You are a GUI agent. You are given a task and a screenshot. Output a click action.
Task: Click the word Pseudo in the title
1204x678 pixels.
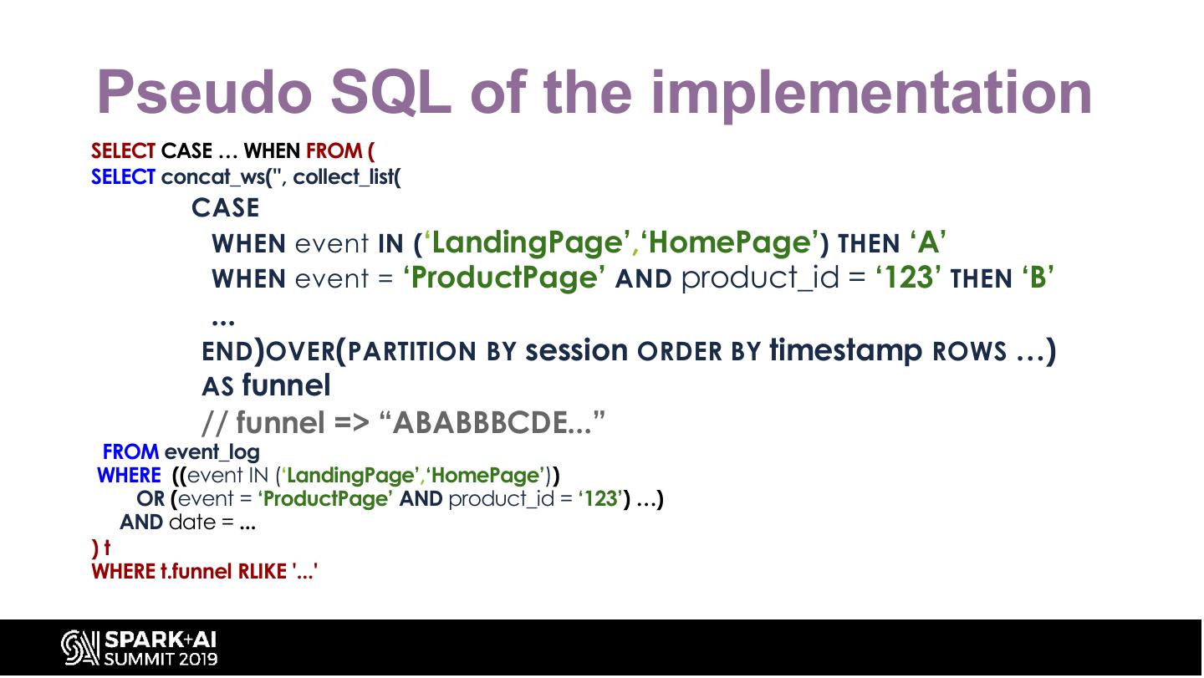click(205, 93)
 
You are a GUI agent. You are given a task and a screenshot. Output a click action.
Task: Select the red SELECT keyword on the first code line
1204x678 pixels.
click(123, 151)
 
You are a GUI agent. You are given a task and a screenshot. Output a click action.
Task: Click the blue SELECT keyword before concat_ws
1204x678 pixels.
click(123, 176)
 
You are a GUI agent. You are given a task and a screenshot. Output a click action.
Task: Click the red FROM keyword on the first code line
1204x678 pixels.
click(334, 151)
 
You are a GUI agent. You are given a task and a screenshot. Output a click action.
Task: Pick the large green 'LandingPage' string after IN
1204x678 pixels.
click(528, 242)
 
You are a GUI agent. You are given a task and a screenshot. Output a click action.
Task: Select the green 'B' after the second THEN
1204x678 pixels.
click(1038, 278)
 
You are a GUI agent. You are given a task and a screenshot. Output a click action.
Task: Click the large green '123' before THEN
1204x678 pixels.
click(908, 278)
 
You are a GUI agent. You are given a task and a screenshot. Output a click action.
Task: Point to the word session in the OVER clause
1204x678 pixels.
click(577, 350)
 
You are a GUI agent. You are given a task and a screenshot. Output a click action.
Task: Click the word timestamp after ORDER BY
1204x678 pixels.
click(846, 351)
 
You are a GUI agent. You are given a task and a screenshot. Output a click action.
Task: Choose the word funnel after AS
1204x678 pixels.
click(287, 385)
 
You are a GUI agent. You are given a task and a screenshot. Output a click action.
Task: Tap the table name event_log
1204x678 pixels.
click(212, 452)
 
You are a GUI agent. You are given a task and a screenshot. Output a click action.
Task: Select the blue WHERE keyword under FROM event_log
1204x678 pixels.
click(129, 476)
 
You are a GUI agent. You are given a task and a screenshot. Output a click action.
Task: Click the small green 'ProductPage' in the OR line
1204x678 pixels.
click(325, 499)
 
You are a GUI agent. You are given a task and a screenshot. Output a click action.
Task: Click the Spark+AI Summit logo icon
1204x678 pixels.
click(79, 647)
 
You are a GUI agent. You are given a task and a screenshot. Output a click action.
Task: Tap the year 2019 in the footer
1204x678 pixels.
click(198, 660)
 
